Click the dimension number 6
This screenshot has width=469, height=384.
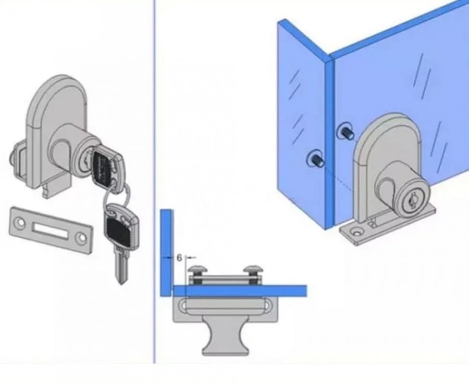coord(179,258)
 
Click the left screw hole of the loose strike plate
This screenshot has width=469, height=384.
coord(20,222)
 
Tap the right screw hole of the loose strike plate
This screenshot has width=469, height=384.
coord(81,238)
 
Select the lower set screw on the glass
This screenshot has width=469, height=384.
coord(316,160)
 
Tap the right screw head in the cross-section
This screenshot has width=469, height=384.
coord(253,270)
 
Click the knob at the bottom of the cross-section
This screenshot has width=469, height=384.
coord(226,336)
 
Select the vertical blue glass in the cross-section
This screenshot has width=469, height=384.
coord(167,253)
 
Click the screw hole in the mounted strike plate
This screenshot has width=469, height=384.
coord(356,232)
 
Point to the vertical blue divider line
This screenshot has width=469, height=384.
coord(155,182)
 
